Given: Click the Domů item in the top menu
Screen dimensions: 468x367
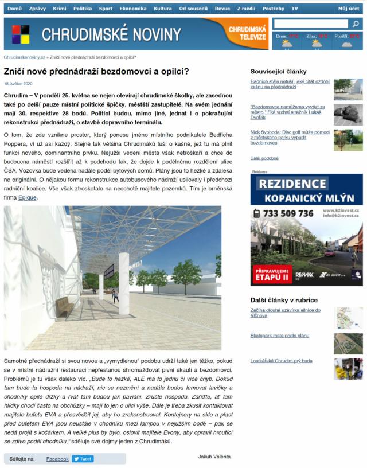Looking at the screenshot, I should (14, 9).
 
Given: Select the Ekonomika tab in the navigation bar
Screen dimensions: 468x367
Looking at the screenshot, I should (133, 9).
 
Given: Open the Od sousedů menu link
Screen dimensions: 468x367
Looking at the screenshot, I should (193, 9).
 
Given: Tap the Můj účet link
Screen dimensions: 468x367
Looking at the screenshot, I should (349, 9).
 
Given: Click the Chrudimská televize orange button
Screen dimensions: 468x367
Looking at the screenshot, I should (247, 33).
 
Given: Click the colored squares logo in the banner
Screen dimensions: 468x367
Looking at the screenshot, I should (21, 34).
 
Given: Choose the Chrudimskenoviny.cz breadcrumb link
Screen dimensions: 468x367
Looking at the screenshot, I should (25, 57).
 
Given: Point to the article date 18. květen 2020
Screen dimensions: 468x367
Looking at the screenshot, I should (18, 84).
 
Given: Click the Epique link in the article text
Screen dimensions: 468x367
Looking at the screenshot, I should (28, 197).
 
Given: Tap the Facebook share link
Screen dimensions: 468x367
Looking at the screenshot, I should (57, 459).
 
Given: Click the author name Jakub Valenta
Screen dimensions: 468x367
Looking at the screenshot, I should (214, 457).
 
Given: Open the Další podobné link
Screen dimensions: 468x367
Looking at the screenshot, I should (264, 158).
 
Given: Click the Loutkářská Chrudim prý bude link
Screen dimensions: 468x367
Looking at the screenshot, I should (281, 361).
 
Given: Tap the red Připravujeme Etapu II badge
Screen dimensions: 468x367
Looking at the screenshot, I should (271, 274).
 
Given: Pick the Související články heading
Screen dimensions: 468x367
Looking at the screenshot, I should (279, 72).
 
